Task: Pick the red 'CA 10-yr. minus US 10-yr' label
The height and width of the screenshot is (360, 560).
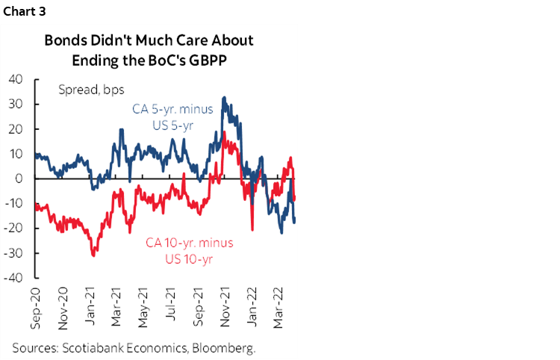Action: tap(185, 250)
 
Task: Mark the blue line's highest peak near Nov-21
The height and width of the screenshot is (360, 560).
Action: tap(224, 97)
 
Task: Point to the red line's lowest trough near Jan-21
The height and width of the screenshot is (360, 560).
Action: tap(93, 256)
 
